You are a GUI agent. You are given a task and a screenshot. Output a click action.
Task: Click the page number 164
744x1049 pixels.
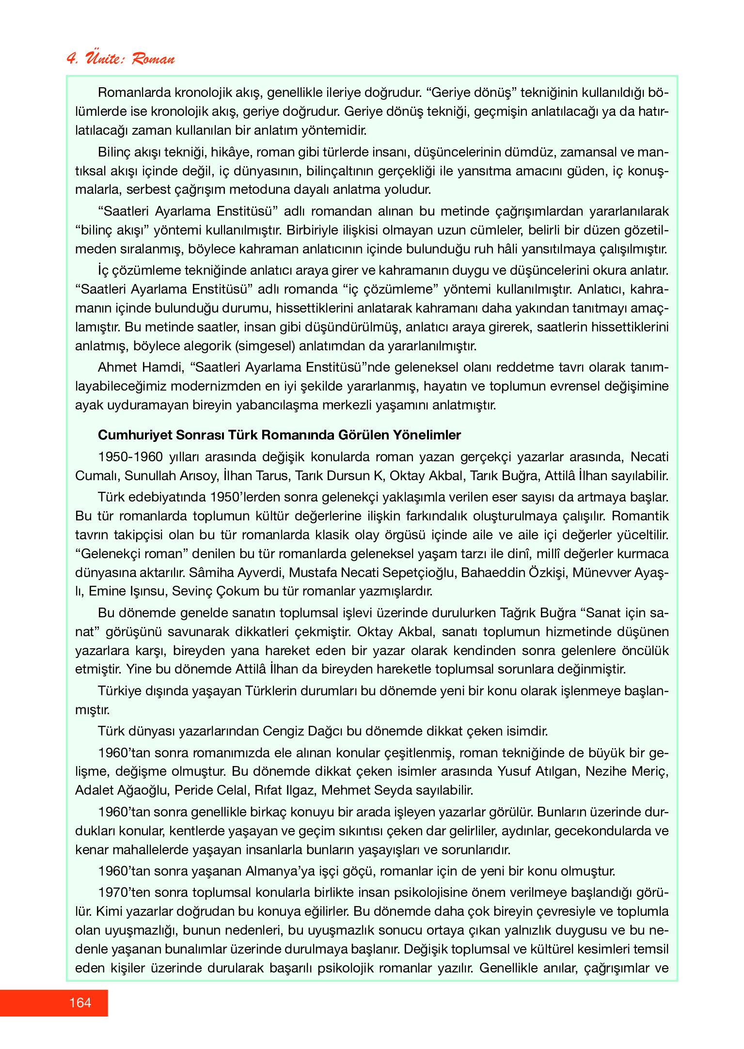coord(80,1003)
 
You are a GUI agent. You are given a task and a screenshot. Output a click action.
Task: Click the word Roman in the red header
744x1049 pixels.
coord(153,59)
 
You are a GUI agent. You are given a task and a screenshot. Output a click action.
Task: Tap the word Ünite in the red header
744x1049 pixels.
coord(104,58)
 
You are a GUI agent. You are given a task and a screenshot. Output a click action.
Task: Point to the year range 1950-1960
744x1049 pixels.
coord(130,457)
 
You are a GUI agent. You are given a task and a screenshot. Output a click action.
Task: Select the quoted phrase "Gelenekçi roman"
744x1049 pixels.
coord(134,554)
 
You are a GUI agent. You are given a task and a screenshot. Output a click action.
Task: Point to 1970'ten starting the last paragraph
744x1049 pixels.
coord(125,892)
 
